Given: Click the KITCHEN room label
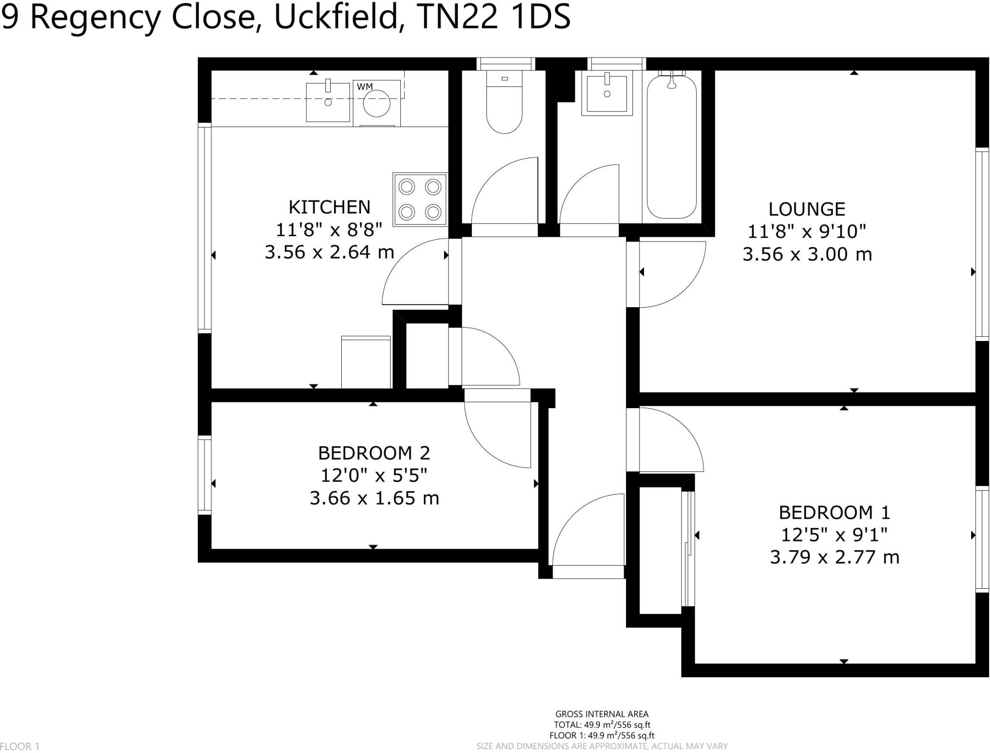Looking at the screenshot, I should [x=329, y=207].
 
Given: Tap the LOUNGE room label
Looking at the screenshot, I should [x=806, y=209].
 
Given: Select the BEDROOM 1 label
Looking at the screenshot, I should [x=834, y=512].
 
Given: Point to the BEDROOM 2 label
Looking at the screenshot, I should [x=374, y=453].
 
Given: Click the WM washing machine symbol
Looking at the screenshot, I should [x=377, y=103].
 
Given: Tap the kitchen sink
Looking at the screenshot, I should [x=328, y=102].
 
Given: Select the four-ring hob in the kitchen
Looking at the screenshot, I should [x=420, y=199].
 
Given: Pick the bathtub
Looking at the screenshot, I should [x=671, y=145].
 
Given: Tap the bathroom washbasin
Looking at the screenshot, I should [x=607, y=93].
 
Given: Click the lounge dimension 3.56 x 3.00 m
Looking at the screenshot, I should [x=807, y=254].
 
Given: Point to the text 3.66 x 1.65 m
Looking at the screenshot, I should [x=374, y=498].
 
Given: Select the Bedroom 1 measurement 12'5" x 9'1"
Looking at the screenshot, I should [x=834, y=535].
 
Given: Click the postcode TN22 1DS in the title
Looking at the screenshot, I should [x=493, y=17].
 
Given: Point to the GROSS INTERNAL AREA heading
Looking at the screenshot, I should [x=602, y=714].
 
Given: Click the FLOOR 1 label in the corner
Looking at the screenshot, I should [x=20, y=746].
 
